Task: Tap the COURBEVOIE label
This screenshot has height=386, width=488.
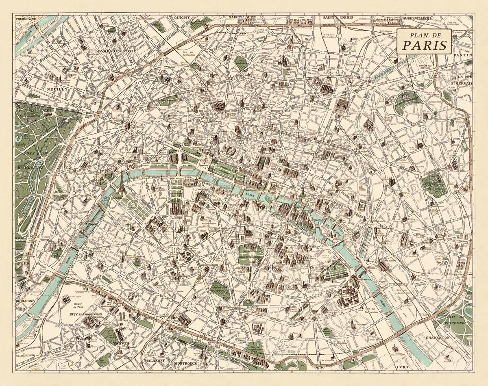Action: [x=24, y=19]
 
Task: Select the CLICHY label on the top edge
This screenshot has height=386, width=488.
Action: [x=182, y=18]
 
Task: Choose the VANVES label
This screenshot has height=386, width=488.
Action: [x=121, y=344]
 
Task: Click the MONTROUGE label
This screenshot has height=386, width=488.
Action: [x=185, y=363]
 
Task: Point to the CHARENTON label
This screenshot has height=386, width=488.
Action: [x=438, y=337]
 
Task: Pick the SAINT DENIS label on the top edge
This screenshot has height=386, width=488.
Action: [x=336, y=18]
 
